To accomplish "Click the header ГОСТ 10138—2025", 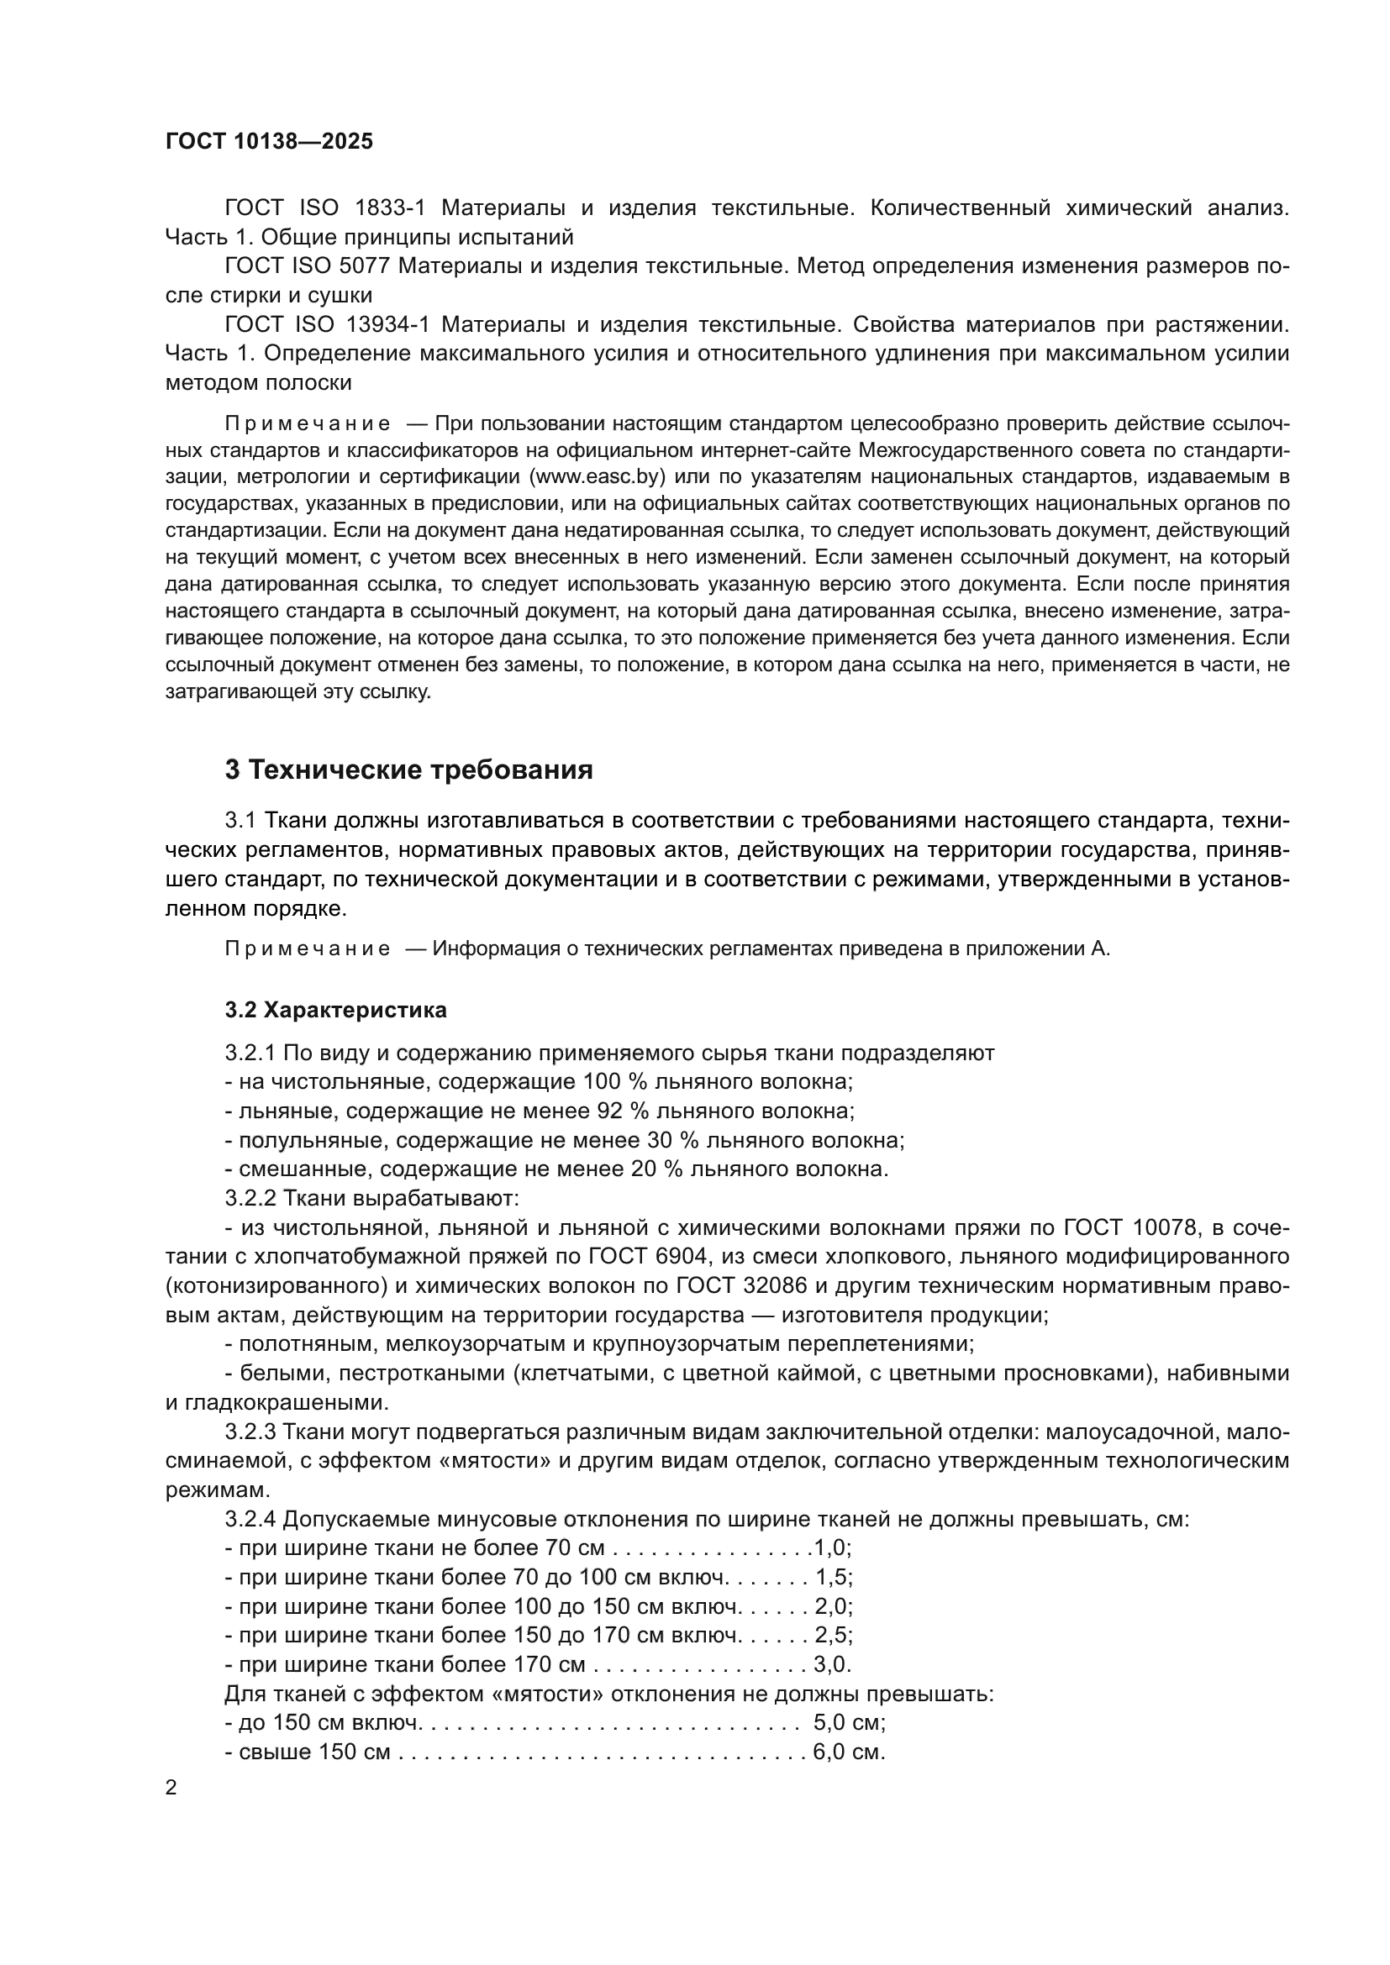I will (269, 142).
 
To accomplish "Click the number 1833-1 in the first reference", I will (396, 208).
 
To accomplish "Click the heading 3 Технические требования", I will (408, 770).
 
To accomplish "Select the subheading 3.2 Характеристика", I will (335, 1010).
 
